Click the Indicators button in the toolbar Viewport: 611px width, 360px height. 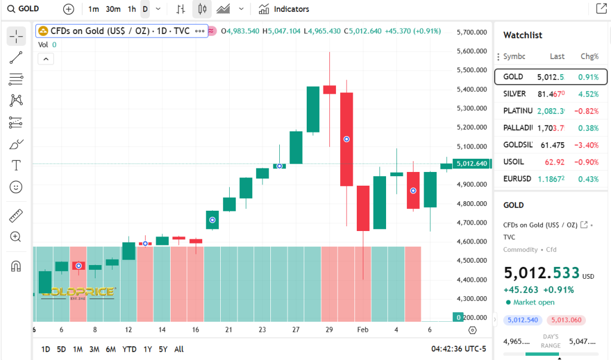coord(284,9)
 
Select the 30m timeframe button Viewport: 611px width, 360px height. coord(113,9)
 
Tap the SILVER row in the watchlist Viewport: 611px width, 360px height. coord(550,94)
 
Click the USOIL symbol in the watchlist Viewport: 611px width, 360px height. coord(514,162)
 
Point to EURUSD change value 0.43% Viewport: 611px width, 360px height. coord(588,179)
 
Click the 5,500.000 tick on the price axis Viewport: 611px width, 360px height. coord(471,70)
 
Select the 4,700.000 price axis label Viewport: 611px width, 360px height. coord(471,223)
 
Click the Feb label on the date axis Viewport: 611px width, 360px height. coord(363,330)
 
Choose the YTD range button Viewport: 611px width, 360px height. coord(129,349)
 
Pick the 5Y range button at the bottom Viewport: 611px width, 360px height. coord(163,349)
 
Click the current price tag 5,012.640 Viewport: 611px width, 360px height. coord(471,164)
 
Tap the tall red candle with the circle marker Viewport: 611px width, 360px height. coord(346,139)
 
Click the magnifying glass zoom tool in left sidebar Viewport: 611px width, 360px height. coord(16,237)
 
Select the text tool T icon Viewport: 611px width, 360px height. coord(16,165)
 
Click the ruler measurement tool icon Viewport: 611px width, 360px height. coord(16,216)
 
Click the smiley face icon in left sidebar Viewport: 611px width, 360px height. coord(16,187)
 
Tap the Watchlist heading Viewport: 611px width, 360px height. coord(523,35)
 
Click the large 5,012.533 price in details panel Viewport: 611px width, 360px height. coord(542,273)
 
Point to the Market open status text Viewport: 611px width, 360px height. coord(533,302)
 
